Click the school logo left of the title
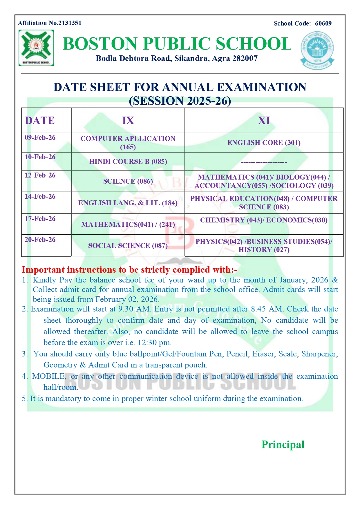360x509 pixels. point(36,48)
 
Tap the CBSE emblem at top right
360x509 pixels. point(317,50)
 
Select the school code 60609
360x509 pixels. point(323,23)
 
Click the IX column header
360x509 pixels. point(128,121)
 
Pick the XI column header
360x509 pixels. point(264,121)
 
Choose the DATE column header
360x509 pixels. point(40,121)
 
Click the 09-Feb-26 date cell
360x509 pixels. point(40,138)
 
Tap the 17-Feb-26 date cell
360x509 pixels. point(40,219)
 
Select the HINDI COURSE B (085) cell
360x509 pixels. point(128,162)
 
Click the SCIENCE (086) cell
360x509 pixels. point(128,181)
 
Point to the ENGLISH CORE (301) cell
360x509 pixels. point(264,143)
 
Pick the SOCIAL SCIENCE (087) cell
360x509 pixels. point(128,246)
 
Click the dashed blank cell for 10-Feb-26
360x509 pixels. point(264,162)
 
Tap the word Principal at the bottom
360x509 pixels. point(283,445)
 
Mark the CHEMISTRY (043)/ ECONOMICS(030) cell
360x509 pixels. point(264,220)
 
